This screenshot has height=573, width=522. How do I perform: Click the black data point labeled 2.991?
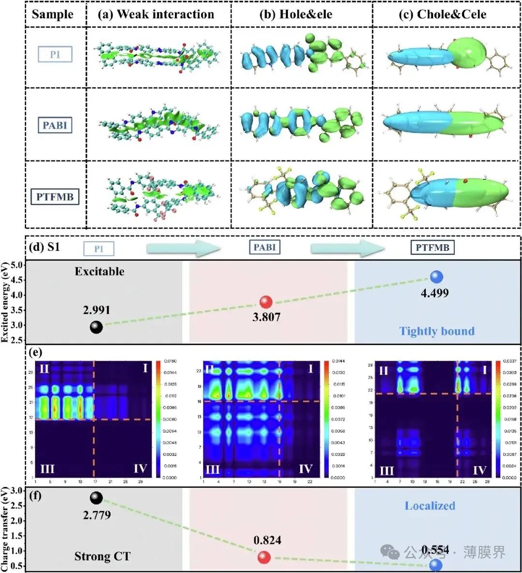(x=96, y=327)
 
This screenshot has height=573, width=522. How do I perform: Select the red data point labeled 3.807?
(x=265, y=302)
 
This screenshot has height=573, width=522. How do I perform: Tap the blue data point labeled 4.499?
(x=436, y=277)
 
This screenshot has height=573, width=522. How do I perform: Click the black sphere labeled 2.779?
(x=96, y=498)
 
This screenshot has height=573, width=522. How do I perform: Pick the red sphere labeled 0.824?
(x=264, y=558)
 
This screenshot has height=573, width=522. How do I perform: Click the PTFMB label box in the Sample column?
(x=55, y=197)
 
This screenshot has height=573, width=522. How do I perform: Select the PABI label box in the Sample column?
(x=55, y=125)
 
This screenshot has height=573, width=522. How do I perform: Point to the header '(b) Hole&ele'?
(x=296, y=15)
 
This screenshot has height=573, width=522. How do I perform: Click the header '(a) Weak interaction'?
(x=156, y=15)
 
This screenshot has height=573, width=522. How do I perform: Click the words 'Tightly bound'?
(x=437, y=331)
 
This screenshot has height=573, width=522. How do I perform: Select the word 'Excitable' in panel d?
(x=99, y=271)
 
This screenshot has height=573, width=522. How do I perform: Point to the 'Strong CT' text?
(x=102, y=557)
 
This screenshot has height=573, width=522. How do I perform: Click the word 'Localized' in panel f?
(x=430, y=506)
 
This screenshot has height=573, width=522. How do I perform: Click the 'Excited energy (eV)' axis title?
(x=6, y=302)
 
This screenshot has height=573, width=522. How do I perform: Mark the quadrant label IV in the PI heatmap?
(x=140, y=468)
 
